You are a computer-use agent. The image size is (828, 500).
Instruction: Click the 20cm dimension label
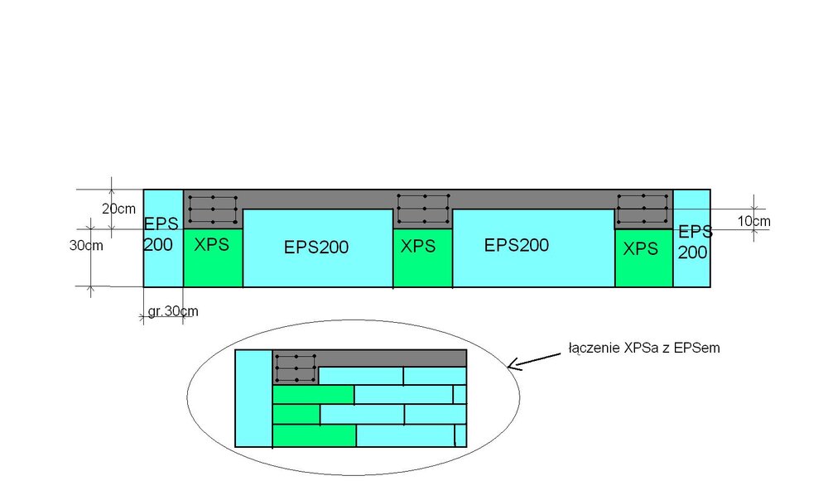tap(118, 209)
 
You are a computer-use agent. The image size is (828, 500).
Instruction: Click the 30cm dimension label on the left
tap(86, 246)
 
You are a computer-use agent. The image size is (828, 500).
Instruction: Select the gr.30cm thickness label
tap(173, 311)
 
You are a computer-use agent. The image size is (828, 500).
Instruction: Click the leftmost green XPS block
tap(213, 257)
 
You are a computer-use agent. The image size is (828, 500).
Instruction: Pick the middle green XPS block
tap(422, 257)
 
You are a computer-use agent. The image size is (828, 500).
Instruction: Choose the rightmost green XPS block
tap(643, 257)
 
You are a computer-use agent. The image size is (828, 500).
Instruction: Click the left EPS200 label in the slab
tap(316, 247)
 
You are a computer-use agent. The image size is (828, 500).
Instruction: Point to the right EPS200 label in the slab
tap(517, 245)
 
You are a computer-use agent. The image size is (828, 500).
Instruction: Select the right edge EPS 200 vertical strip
tap(692, 240)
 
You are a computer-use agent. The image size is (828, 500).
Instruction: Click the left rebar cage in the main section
tap(213, 209)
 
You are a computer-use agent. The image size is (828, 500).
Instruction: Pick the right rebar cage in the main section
tap(643, 209)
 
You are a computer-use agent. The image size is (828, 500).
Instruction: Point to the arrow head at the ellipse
tap(511, 364)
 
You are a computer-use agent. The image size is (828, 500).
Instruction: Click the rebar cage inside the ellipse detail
tap(296, 368)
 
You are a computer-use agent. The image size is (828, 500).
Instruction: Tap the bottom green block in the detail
tap(314, 435)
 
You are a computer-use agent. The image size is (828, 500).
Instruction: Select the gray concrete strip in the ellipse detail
tap(392, 358)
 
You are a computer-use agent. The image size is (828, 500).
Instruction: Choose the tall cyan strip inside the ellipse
tap(253, 398)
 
